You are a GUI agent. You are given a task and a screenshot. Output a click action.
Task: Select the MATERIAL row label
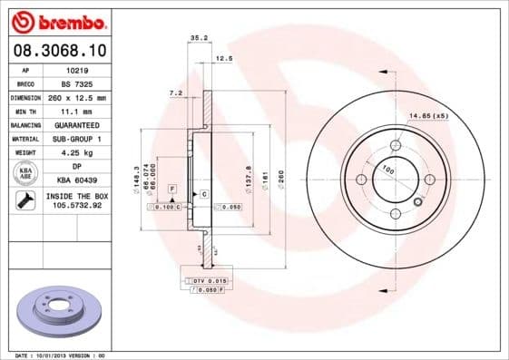24,139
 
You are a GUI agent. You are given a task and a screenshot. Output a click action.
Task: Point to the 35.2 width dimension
194,38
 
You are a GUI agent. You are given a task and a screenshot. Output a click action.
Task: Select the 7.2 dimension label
176,92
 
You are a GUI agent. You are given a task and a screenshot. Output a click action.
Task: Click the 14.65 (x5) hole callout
428,116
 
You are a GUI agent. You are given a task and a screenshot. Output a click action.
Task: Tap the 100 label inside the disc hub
387,170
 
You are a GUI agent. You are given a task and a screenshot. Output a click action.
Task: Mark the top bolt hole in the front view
395,145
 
